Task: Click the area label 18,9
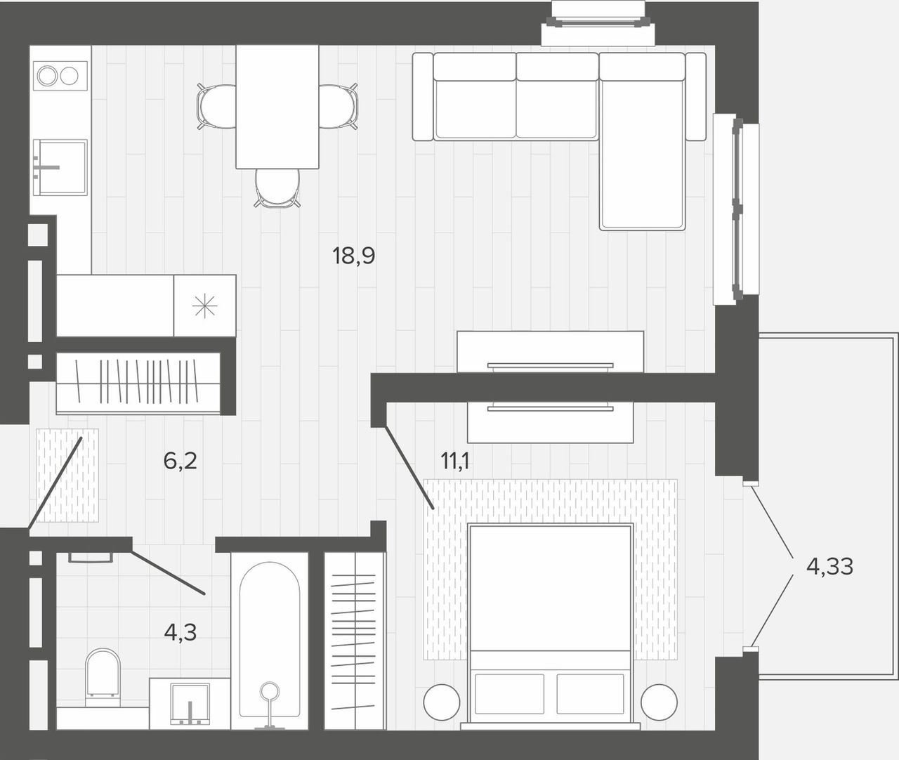coord(353,256)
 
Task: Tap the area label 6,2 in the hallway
coord(180,461)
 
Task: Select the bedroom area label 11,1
coord(455,461)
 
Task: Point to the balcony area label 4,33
coord(830,566)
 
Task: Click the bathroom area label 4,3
coord(180,632)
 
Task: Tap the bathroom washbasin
coord(190,703)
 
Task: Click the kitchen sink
coord(60,167)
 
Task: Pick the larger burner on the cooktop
coord(47,76)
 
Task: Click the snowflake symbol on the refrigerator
coord(205,306)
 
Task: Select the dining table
coord(277,107)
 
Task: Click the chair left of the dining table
coord(216,107)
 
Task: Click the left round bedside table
coord(442,702)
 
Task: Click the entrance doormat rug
coord(67,475)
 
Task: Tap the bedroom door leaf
coord(409,468)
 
